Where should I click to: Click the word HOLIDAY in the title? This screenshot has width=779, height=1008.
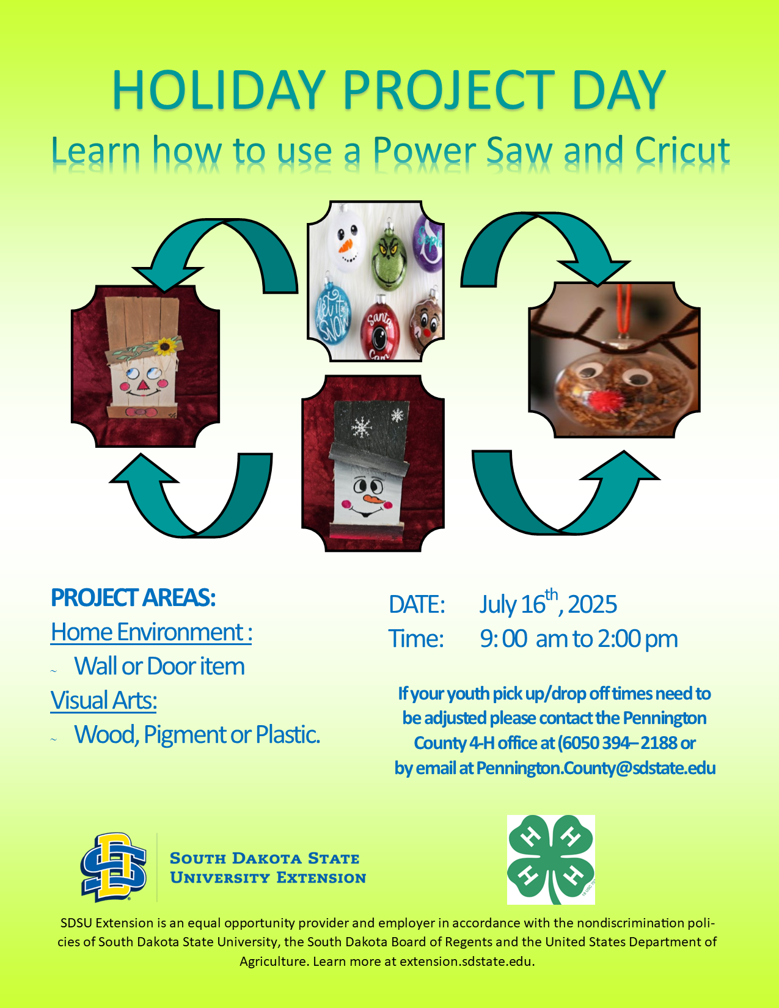coord(218,90)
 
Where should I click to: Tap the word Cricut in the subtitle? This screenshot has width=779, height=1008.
coord(682,151)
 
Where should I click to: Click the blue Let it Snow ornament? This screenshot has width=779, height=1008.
coord(333,315)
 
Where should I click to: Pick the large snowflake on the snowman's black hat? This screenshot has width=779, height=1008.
coord(362,426)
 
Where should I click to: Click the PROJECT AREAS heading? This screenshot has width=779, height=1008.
coord(133,597)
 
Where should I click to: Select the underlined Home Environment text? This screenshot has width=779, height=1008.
coord(152,632)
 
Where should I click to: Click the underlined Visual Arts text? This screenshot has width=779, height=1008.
coord(103,700)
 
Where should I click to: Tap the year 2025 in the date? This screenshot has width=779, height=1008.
coord(592,604)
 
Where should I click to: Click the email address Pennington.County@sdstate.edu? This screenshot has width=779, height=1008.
coord(596,768)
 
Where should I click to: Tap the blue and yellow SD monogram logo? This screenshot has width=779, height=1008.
coord(114,867)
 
